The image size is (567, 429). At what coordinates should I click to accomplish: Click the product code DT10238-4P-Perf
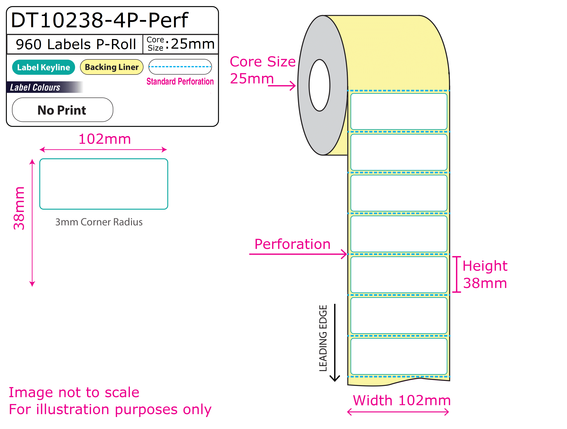pyautogui.click(x=100, y=20)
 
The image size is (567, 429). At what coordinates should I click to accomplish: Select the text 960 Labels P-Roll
pyautogui.click(x=76, y=44)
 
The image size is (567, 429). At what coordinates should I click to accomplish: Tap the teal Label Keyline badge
pyautogui.click(x=44, y=67)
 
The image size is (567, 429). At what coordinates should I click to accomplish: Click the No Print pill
pyautogui.click(x=63, y=110)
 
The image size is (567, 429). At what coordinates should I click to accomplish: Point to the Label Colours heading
pyautogui.click(x=35, y=87)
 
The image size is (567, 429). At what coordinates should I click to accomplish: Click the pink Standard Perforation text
pyautogui.click(x=180, y=81)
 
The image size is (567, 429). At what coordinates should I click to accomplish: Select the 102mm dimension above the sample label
pyautogui.click(x=105, y=139)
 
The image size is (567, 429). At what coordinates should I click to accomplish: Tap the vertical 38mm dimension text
pyautogui.click(x=19, y=208)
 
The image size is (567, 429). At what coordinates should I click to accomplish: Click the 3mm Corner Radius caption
pyautogui.click(x=99, y=222)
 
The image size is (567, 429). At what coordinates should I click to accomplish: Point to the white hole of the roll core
pyautogui.click(x=319, y=85)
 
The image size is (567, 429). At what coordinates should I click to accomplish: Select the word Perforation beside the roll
pyautogui.click(x=292, y=244)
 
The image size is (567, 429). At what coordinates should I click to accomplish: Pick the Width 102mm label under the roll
pyautogui.click(x=402, y=400)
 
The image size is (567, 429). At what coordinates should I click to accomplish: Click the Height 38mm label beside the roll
pyautogui.click(x=485, y=274)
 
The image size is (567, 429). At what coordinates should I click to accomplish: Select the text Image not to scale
pyautogui.click(x=74, y=392)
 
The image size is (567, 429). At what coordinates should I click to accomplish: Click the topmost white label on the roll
pyautogui.click(x=399, y=111)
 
